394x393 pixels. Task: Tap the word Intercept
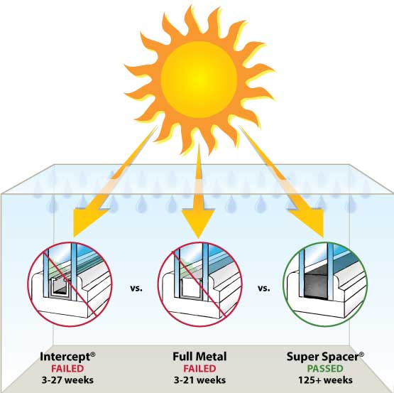[x=65, y=357]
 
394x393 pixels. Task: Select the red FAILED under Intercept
[x=67, y=369]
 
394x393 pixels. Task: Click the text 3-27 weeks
[x=67, y=380]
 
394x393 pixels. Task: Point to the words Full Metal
[x=199, y=357]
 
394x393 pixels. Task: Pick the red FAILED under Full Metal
[x=199, y=369]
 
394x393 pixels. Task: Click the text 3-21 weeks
[x=199, y=380]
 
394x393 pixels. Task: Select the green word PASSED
[x=325, y=369]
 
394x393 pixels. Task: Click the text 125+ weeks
[x=325, y=380]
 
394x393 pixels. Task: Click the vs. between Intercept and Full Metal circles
[x=136, y=288]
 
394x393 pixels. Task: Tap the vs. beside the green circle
[x=264, y=288]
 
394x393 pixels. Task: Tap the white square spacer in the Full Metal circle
[x=191, y=286]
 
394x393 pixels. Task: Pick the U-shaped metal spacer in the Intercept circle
[x=60, y=286]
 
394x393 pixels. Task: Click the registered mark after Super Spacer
[x=361, y=354]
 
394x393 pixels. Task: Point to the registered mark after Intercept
[x=93, y=354]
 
